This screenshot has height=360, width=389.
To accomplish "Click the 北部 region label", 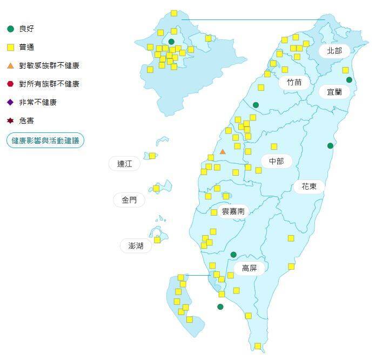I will click(x=334, y=51).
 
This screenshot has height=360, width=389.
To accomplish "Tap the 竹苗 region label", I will click(x=294, y=82).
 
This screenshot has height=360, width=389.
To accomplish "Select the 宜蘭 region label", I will click(x=334, y=92).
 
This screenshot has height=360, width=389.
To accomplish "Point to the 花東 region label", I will click(x=309, y=186).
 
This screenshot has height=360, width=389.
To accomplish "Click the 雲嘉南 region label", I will click(x=233, y=211).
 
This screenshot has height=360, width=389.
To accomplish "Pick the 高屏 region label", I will click(x=249, y=268).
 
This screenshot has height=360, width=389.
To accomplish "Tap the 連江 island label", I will click(x=125, y=163).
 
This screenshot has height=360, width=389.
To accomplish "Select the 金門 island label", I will click(x=129, y=200).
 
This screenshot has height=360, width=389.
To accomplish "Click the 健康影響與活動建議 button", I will click(x=45, y=141).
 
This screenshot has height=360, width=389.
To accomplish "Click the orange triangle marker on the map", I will click(x=223, y=152).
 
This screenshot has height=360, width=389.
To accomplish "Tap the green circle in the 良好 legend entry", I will click(x=10, y=29).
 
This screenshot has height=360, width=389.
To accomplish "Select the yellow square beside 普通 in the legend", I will click(x=10, y=47).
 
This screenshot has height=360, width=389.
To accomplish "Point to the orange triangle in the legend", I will click(x=10, y=65).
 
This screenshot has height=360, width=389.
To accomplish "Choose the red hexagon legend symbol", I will click(x=10, y=84).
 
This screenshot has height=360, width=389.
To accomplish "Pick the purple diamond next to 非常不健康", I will click(x=10, y=102).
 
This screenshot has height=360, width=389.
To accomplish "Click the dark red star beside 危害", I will click(x=10, y=121).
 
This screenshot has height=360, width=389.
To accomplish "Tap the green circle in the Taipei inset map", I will click(x=171, y=42).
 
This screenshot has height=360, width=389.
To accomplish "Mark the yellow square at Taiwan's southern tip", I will click(x=258, y=346).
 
